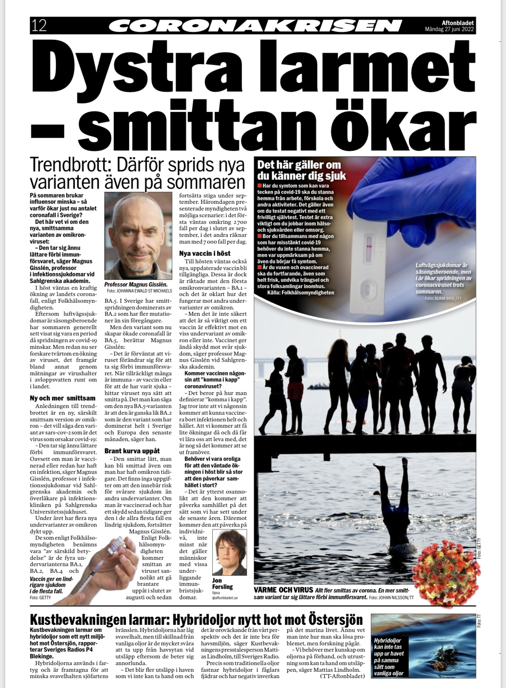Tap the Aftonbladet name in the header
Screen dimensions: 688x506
[457, 23]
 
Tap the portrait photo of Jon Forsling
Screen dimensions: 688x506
[229, 552]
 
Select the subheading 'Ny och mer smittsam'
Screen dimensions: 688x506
[63, 398]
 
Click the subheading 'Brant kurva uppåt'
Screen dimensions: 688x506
[132, 450]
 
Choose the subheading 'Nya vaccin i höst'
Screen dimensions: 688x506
[205, 254]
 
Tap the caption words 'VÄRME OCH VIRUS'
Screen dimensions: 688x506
[283, 590]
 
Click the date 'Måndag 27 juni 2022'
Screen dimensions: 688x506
[449, 30]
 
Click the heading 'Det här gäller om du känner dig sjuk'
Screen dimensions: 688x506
[301, 170]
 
